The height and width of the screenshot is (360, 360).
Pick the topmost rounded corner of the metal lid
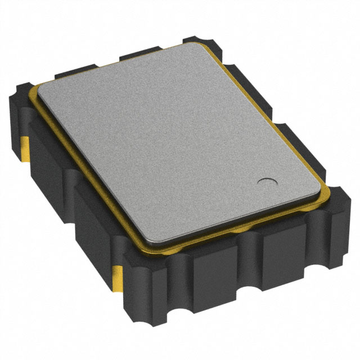[x=194, y=46]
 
